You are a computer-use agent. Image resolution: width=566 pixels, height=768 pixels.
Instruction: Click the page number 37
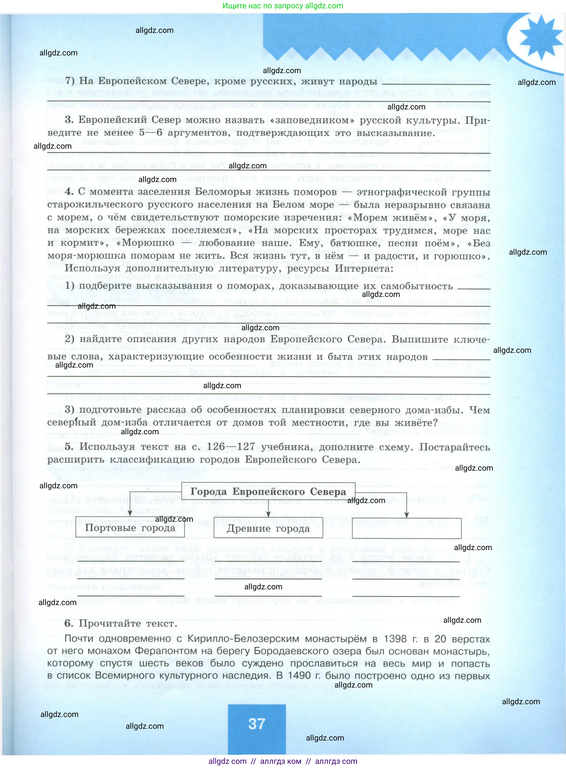click(x=257, y=724)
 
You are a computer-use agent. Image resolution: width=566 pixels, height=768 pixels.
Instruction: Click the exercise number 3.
click(x=69, y=120)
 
